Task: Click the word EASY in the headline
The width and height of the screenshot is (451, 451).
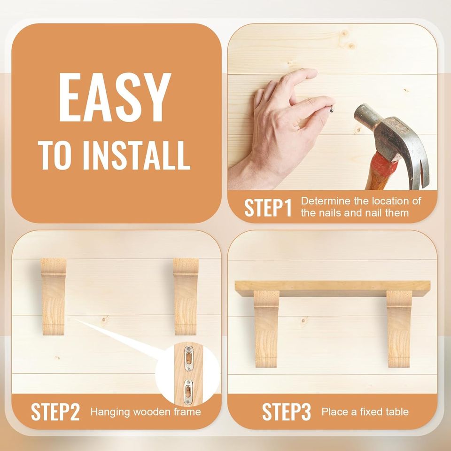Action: [115, 97]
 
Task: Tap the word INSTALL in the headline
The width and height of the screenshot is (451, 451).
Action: [136, 156]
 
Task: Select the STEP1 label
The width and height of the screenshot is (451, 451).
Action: [268, 208]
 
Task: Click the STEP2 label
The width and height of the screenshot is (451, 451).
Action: [55, 412]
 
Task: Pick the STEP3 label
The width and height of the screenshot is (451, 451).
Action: [287, 412]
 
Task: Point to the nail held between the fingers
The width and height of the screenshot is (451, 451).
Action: [332, 109]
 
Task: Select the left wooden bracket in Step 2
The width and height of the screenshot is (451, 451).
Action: [54, 296]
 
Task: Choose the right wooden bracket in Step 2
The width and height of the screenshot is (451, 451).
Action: [186, 296]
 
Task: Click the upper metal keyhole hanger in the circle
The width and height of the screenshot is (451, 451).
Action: [189, 358]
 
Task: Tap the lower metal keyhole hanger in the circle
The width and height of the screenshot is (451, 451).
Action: [188, 392]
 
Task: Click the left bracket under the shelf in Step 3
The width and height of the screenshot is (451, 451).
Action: [266, 329]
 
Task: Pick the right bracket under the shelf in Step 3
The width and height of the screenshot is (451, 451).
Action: [399, 329]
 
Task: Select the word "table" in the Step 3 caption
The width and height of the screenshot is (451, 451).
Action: [398, 412]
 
